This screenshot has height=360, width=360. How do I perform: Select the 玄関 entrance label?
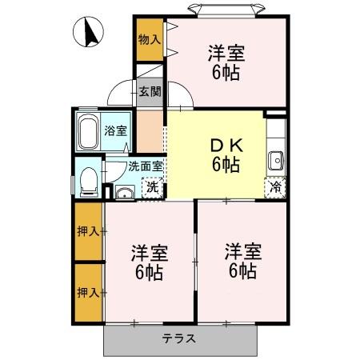(150, 91)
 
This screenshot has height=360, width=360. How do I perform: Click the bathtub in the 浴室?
(88, 131)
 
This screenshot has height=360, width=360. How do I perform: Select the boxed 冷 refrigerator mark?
(274, 190)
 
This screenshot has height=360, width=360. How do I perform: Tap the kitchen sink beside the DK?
(276, 158)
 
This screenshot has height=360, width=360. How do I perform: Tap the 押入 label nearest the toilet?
(88, 232)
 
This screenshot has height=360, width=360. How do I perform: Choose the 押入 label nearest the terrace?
(88, 292)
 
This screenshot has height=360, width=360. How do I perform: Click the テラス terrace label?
(179, 338)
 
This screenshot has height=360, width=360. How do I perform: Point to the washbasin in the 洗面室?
(124, 191)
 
